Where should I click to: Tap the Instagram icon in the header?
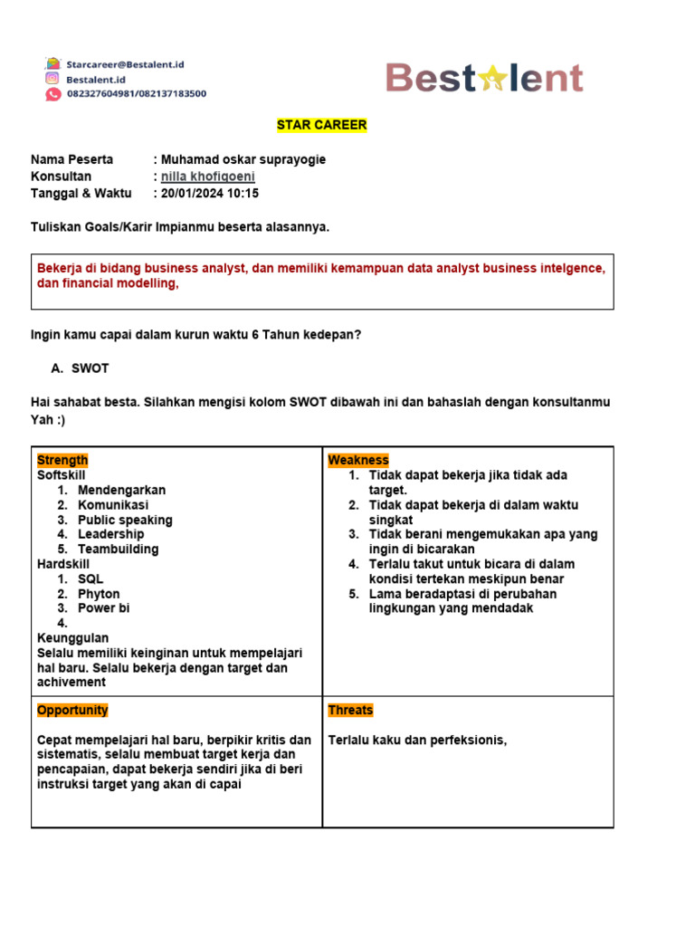pos(52,79)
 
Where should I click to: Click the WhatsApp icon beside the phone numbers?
pos(52,93)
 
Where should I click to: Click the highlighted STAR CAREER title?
pos(321,125)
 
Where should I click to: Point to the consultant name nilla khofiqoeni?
pos(208,177)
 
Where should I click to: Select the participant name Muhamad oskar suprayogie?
pos(243,159)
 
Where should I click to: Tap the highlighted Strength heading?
pos(62,460)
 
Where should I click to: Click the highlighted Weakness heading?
pos(358,460)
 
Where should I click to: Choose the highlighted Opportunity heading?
pos(72,711)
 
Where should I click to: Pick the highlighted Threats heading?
pos(350,711)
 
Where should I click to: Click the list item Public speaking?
pos(125,520)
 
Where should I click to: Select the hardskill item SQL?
pos(90,578)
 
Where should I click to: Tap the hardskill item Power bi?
pos(104,608)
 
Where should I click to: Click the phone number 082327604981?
pos(100,93)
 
